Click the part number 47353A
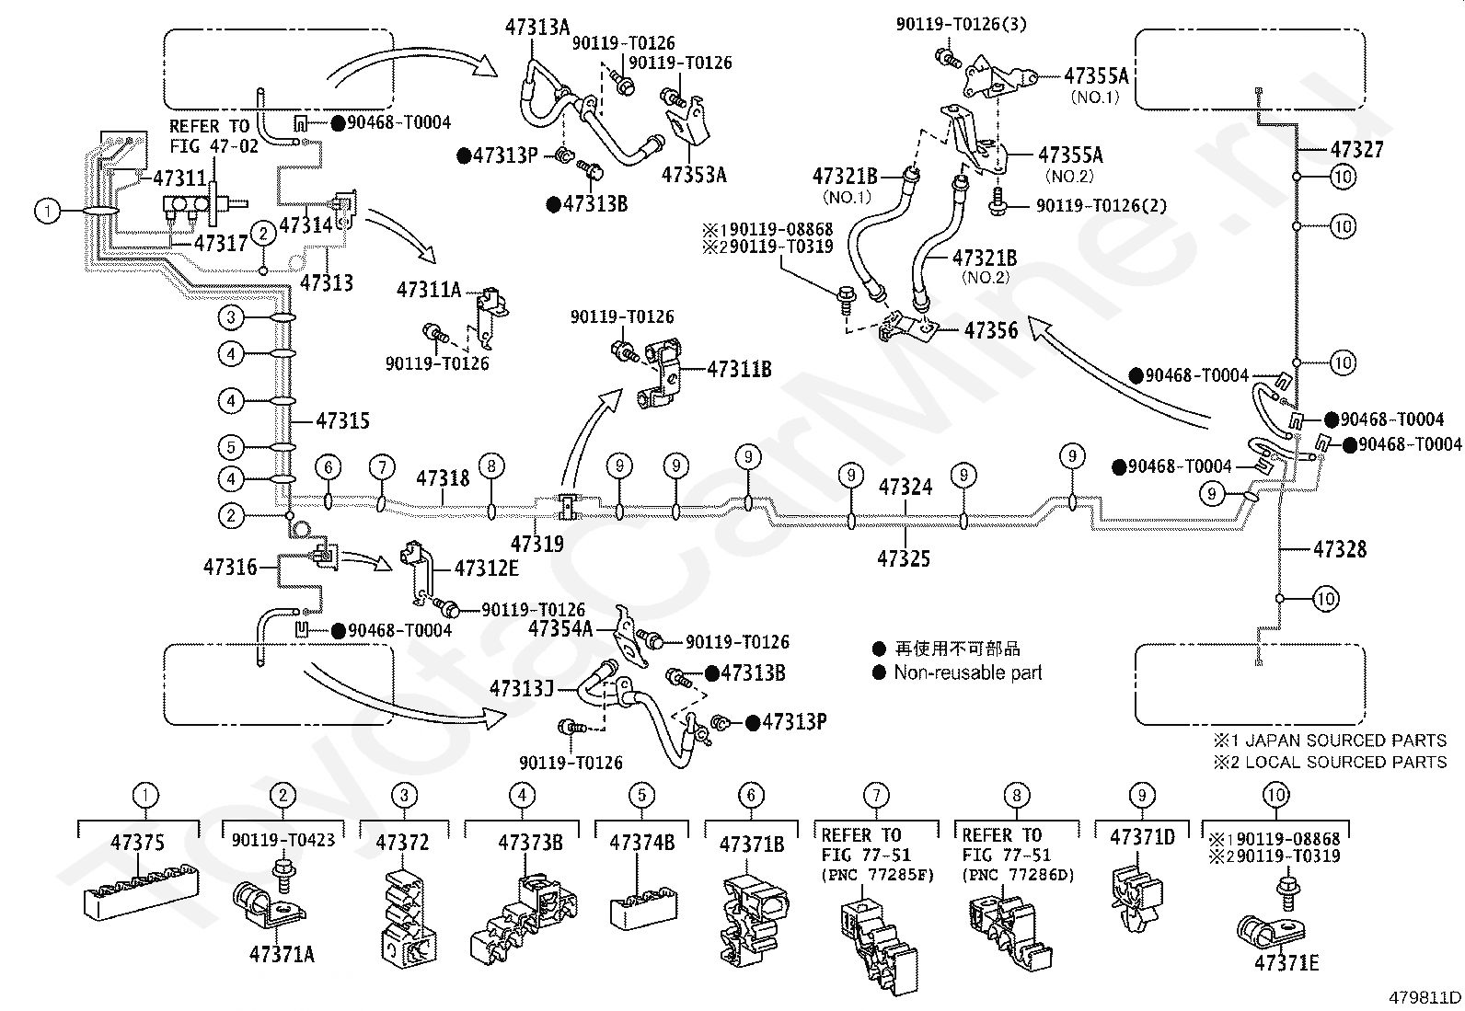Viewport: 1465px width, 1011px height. click(694, 176)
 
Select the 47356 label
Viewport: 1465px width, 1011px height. click(991, 331)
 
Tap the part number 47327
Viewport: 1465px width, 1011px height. click(1357, 150)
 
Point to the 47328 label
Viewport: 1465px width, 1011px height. click(1340, 549)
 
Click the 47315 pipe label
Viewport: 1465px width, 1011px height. click(342, 420)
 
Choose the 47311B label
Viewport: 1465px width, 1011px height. click(739, 370)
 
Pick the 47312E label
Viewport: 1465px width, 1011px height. click(487, 569)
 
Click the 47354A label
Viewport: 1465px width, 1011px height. click(559, 628)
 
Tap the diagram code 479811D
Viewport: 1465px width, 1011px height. click(1425, 997)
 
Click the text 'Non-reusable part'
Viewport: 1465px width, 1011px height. click(967, 672)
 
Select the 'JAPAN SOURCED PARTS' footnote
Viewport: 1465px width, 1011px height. click(1345, 741)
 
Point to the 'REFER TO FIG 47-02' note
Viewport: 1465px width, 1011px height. click(213, 136)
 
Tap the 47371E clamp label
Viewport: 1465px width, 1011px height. click(1286, 962)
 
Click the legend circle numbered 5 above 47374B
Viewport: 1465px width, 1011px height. click(641, 795)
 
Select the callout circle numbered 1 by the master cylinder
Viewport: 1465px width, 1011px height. click(47, 212)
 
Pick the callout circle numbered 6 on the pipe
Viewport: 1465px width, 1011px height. click(329, 467)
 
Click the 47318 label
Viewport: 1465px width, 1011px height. click(443, 478)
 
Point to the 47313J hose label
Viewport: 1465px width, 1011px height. click(521, 689)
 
